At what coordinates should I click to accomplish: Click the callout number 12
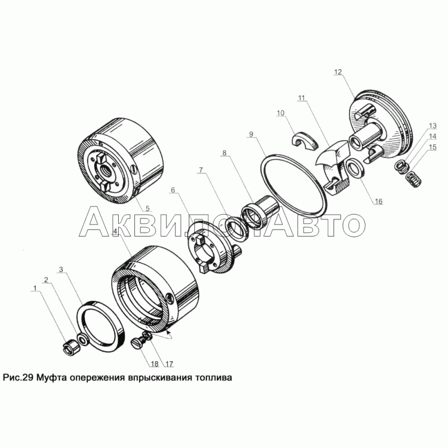[338, 72]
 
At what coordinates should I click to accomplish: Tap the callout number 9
[251, 134]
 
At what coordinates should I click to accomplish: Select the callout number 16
[379, 202]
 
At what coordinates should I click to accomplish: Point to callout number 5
[147, 208]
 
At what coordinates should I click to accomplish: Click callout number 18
[155, 363]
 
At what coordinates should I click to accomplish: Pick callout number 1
[35, 288]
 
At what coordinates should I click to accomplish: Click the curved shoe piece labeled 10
[305, 141]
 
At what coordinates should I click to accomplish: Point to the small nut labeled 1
[72, 348]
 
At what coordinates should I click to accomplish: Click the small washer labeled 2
[83, 339]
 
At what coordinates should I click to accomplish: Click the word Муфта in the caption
[52, 377]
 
